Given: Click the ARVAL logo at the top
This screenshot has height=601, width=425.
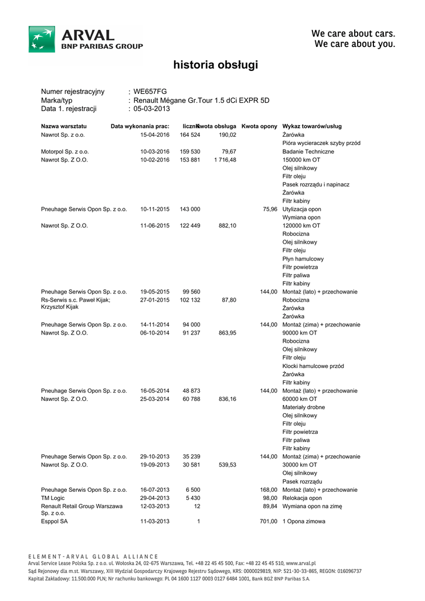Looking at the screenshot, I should (86, 39).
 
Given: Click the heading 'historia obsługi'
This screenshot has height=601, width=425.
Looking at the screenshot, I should (215, 65).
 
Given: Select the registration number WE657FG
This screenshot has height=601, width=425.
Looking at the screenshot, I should (150, 92).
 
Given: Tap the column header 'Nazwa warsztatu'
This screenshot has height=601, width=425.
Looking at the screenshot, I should (64, 126).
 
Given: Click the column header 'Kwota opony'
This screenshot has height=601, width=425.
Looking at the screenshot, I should (259, 126).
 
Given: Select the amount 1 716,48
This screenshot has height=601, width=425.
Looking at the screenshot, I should (225, 160).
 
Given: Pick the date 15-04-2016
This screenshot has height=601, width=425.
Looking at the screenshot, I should (155, 135).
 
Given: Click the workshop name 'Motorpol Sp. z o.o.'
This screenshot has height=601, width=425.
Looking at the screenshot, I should (64, 151).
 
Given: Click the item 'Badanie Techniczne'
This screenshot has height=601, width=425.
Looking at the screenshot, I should (308, 151).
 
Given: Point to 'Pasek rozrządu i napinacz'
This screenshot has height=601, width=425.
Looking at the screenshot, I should (316, 184).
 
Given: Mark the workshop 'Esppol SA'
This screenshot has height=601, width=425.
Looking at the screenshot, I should (55, 521).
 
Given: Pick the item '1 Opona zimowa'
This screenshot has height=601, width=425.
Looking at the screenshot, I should (304, 521).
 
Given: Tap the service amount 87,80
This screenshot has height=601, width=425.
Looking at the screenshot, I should (229, 300).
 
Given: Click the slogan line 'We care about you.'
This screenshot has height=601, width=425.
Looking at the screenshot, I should (355, 44).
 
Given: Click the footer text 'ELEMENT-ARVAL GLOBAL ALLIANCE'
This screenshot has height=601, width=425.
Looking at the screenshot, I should (93, 556).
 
